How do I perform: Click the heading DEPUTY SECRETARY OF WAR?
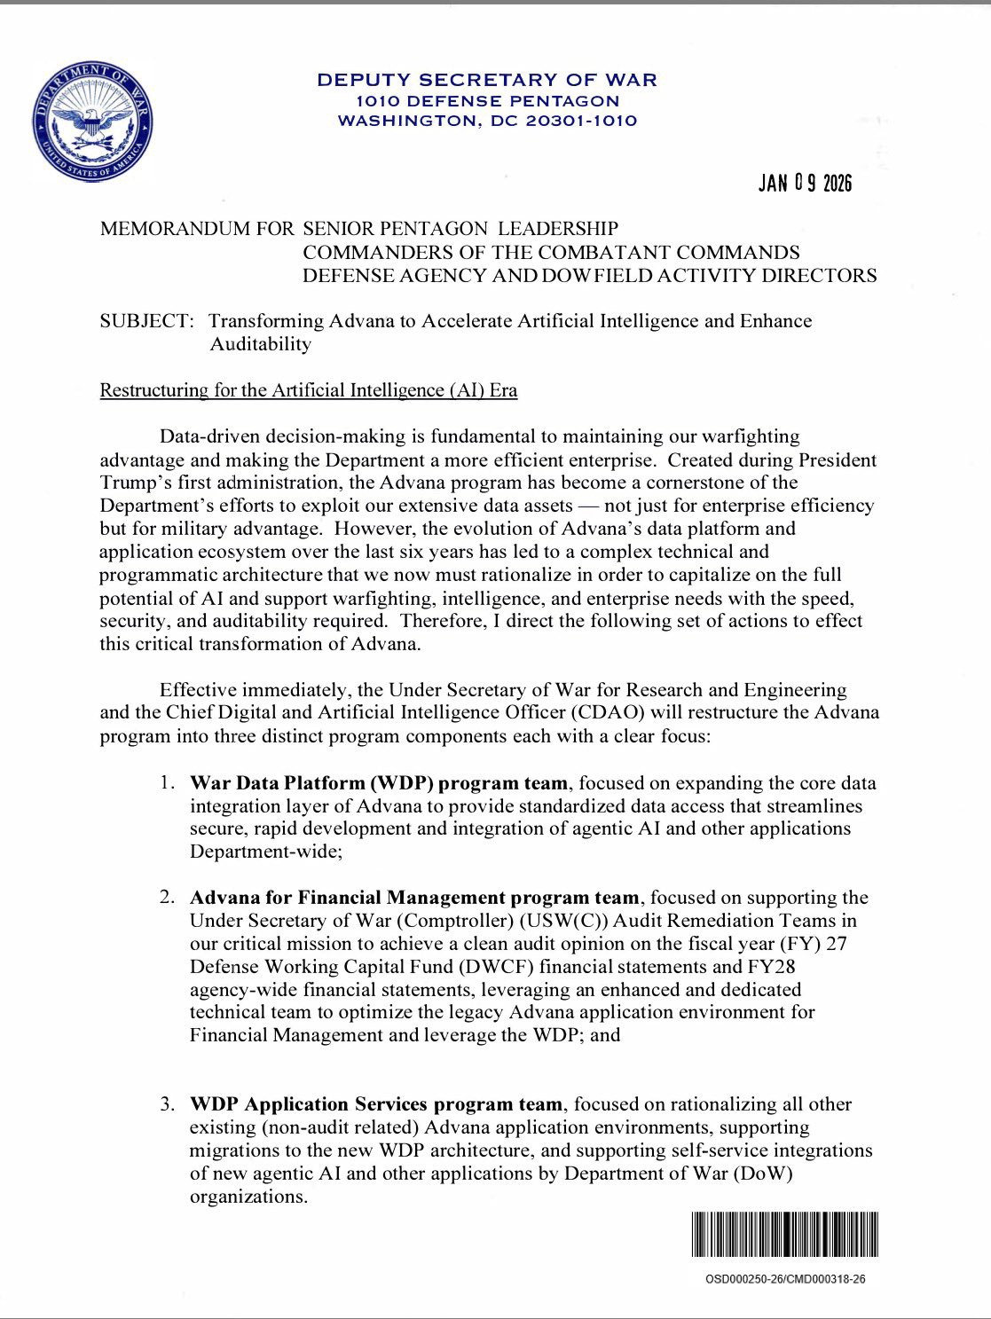487,80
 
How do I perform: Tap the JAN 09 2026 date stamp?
805,184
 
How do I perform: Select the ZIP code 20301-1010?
581,121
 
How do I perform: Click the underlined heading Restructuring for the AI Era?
308,390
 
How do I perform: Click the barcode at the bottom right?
785,1235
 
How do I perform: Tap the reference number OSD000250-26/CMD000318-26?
785,1280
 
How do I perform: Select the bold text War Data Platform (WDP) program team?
379,783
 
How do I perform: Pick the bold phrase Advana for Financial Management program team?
414,898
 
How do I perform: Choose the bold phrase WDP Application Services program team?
376,1104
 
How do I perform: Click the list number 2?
166,898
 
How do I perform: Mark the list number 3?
166,1104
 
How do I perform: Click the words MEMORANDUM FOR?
196,229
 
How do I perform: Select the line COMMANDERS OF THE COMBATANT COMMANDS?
551,252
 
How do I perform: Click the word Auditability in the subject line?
260,344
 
